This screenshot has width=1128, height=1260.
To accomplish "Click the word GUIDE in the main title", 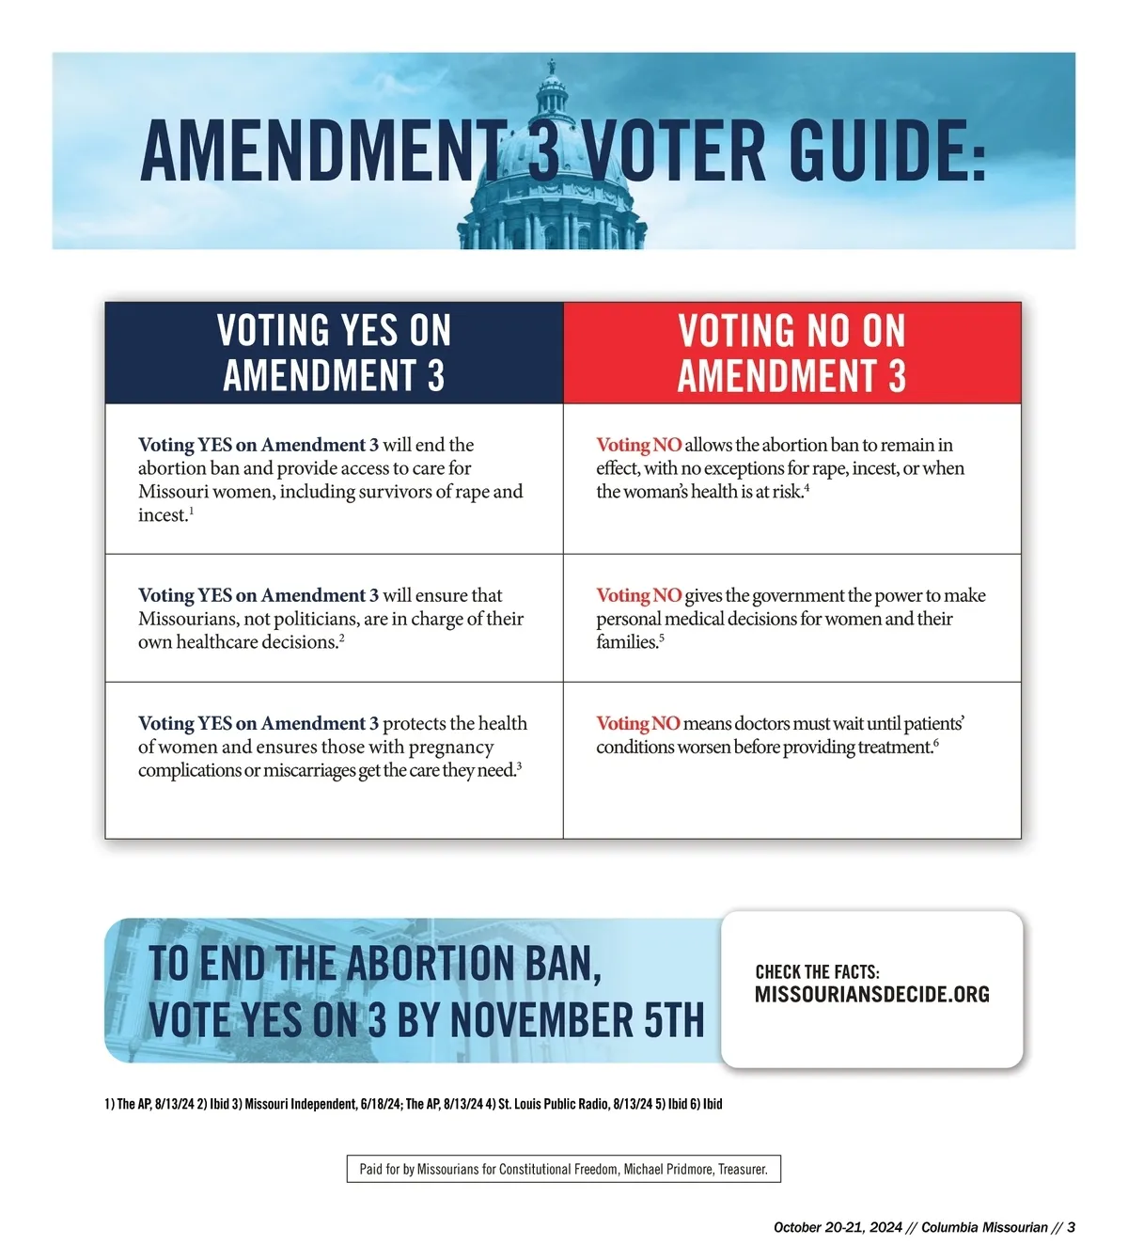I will (887, 151).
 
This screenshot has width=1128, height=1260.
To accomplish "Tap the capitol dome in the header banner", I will (553, 188).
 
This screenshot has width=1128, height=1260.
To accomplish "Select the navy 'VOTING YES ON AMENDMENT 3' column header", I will (334, 353).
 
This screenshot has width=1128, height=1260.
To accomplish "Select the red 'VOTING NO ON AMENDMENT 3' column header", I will (791, 353).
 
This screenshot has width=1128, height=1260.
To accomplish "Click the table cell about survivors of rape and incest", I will (334, 480).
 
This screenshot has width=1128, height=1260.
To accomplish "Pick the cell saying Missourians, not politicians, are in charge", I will (334, 619).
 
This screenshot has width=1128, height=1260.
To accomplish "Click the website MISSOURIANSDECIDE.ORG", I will (871, 995).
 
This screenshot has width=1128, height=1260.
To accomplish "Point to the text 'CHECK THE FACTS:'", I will (817, 972).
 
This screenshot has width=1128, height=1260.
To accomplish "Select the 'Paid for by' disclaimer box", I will (563, 1169).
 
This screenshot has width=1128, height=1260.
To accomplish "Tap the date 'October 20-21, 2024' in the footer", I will (838, 1227).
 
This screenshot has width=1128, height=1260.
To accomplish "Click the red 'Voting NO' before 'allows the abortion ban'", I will (639, 445).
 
